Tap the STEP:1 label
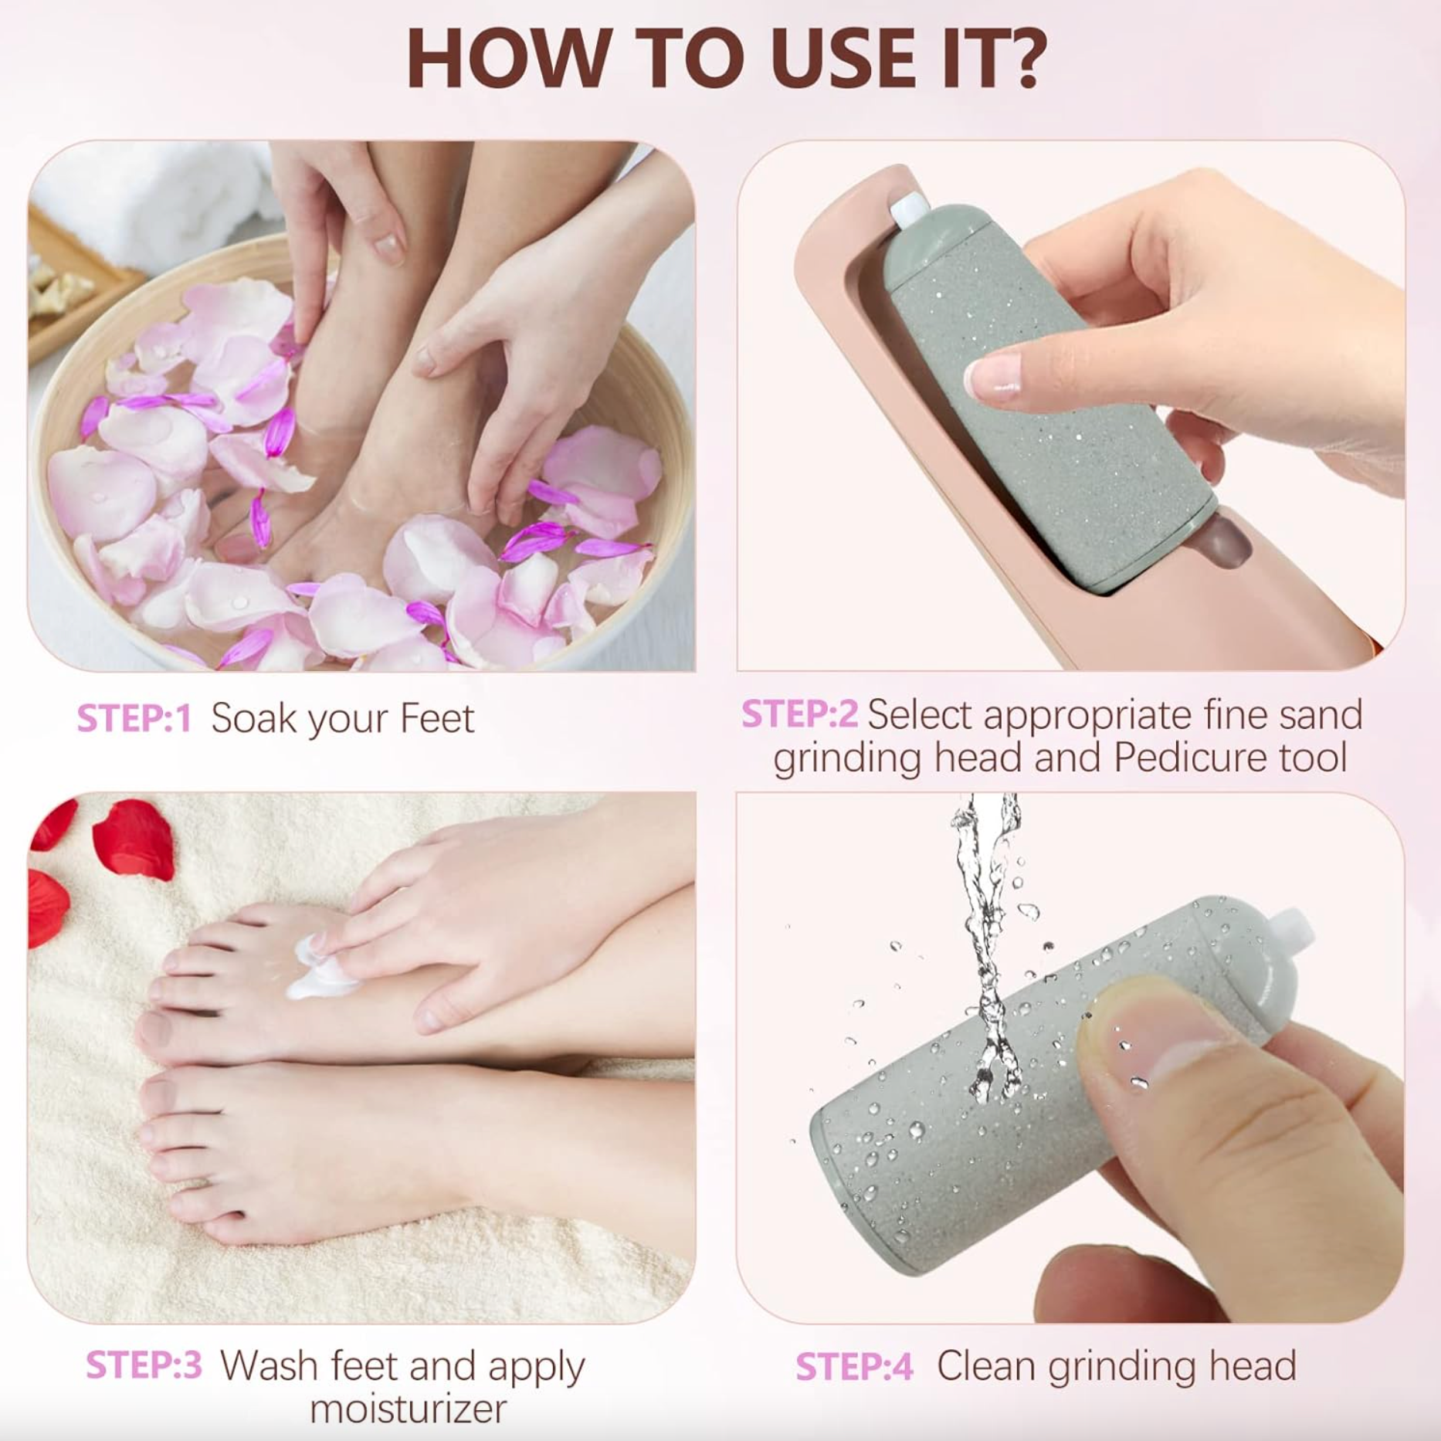click(134, 719)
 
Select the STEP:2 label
click(798, 714)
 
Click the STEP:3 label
click(144, 1365)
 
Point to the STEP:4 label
click(853, 1367)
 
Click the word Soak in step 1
click(253, 719)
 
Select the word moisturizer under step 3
click(408, 1408)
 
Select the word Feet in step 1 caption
click(436, 719)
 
